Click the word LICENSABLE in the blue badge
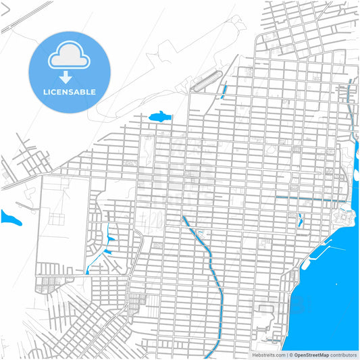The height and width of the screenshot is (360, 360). [69, 92]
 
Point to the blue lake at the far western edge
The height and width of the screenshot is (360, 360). [9, 218]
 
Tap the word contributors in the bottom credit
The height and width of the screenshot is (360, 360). [344, 355]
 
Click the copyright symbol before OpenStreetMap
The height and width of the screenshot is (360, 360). [291, 355]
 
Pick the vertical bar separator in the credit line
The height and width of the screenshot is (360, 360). [286, 355]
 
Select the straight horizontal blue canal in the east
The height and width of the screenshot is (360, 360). [311, 199]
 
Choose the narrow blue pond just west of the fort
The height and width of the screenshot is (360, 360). [300, 219]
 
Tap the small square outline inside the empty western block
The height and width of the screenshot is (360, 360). [54, 218]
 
